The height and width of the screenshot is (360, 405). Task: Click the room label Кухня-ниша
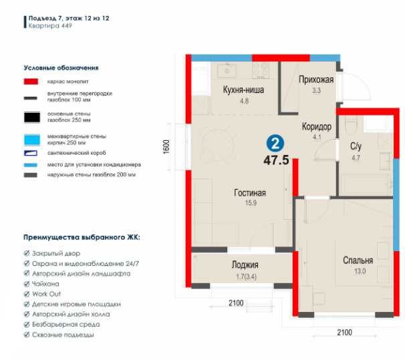pyautogui.click(x=235, y=92)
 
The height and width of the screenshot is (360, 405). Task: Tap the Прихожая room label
pyautogui.click(x=315, y=79)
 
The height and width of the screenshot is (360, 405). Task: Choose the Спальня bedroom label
pyautogui.click(x=358, y=260)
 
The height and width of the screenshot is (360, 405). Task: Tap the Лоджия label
pyautogui.click(x=245, y=264)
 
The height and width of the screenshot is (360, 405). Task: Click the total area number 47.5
pyautogui.click(x=275, y=160)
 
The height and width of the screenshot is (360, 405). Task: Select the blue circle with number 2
pyautogui.click(x=274, y=143)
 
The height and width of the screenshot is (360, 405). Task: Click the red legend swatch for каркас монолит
pyautogui.click(x=31, y=81)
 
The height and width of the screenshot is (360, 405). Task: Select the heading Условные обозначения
pyautogui.click(x=61, y=67)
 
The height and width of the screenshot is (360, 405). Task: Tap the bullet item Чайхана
pyautogui.click(x=45, y=283)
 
